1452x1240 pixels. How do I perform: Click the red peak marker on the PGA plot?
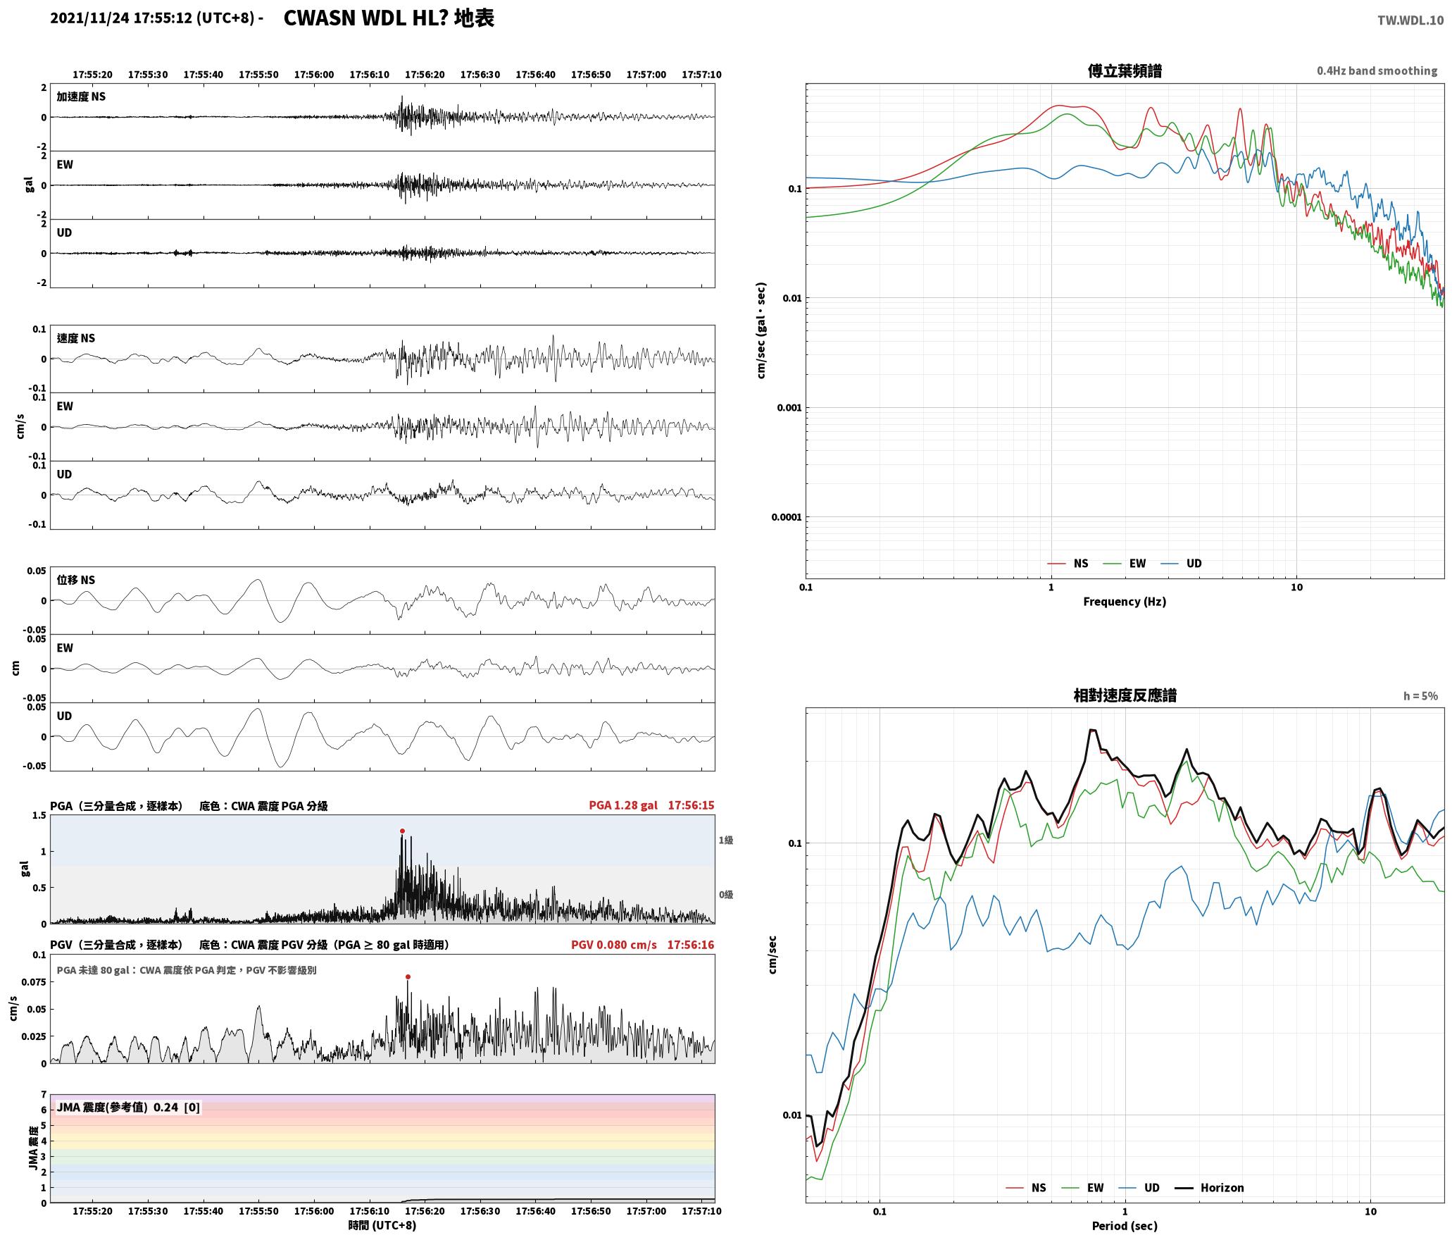click(x=402, y=831)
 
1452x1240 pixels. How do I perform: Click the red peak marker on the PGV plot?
click(x=408, y=977)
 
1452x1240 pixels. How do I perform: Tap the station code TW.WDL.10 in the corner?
click(x=1410, y=20)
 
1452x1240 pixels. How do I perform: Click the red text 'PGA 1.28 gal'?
click(x=623, y=805)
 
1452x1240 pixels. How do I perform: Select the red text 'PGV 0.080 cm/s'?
click(x=614, y=945)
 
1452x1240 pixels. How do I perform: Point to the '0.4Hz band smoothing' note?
click(x=1377, y=71)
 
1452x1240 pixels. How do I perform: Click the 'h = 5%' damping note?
click(x=1420, y=696)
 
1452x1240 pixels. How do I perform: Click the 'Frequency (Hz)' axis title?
click(x=1125, y=602)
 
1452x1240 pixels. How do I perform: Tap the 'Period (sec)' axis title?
click(x=1125, y=1226)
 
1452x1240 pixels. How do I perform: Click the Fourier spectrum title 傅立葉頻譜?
click(x=1125, y=71)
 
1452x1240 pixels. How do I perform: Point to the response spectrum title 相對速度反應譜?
click(x=1125, y=696)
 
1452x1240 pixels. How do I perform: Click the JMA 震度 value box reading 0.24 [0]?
click(x=128, y=1108)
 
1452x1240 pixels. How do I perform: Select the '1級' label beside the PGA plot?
click(x=726, y=841)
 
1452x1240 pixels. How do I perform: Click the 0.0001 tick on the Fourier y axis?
click(x=787, y=517)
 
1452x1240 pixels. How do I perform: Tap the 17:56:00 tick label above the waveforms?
click(x=314, y=75)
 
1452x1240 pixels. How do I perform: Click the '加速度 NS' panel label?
click(x=81, y=97)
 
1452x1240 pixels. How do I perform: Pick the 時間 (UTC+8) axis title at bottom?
click(x=382, y=1226)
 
